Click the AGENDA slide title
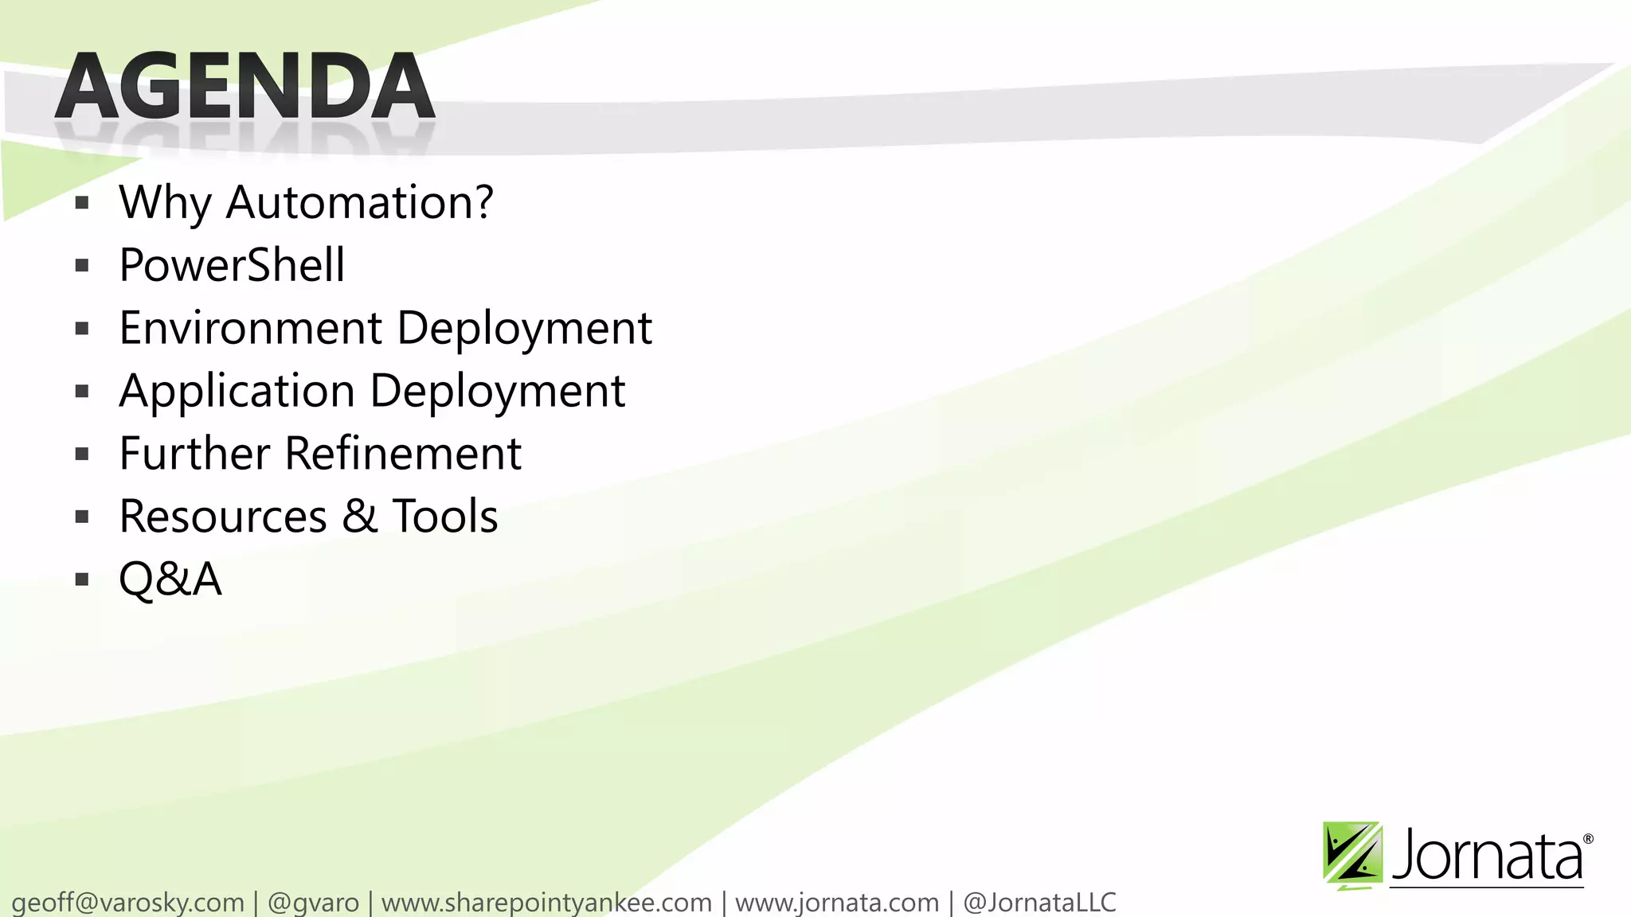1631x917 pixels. coord(245,86)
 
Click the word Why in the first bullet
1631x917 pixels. coord(164,202)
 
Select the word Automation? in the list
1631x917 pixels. coord(359,202)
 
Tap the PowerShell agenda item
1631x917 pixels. coord(232,265)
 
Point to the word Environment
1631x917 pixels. coord(251,328)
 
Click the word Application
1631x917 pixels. coord(237,391)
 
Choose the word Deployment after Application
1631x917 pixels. coord(498,391)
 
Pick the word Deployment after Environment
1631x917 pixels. coord(524,328)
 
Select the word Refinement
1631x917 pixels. coord(403,454)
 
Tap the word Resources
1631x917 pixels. coord(223,517)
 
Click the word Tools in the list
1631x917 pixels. coord(444,517)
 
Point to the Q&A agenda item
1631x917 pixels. coord(170,579)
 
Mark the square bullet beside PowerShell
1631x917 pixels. coord(82,266)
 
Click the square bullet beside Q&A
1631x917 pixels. coord(82,579)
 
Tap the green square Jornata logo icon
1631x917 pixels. coord(1352,854)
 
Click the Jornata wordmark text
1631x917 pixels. coord(1488,856)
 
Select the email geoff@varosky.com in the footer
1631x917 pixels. coord(127,903)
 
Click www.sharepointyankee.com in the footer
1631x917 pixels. coord(546,903)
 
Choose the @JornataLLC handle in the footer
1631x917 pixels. coord(1039,903)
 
